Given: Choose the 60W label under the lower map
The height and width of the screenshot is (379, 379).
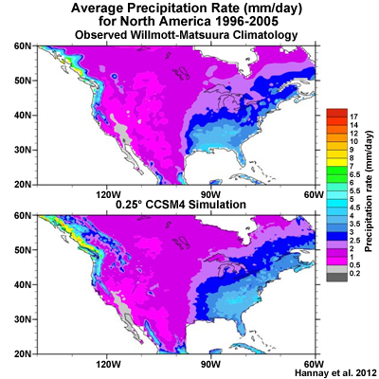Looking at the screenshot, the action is pos(315,364).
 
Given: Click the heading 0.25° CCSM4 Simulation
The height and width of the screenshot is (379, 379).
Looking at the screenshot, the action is pos(181,205).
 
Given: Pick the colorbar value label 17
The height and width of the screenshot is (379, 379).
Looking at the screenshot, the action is pos(353,117).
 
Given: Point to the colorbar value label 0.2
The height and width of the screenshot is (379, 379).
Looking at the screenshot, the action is pos(354,273).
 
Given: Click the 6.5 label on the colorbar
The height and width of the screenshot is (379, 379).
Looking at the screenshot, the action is pos(354,174).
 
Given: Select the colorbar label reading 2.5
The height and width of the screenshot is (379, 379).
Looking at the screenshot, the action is pos(354,241).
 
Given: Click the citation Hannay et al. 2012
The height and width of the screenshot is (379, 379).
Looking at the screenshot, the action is pos(335,372).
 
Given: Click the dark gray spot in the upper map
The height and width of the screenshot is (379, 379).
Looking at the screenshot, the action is pos(124,139).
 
